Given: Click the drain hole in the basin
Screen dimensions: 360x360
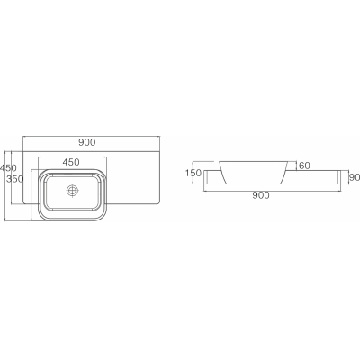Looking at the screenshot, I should pos(74,191).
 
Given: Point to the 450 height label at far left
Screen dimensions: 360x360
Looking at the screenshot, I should pos(8,168).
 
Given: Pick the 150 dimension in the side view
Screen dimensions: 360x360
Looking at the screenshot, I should pos(193,173).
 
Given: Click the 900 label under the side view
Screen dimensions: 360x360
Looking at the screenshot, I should pos(261,194).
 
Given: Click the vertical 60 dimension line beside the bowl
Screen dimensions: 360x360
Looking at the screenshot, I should pos(296,166).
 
